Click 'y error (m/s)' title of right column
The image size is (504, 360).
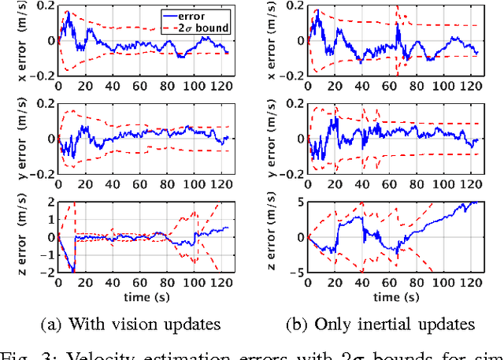[x=272, y=138]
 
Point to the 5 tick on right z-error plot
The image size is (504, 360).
[x=299, y=202]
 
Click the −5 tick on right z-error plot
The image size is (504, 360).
[x=296, y=272]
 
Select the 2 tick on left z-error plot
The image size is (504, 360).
[x=51, y=202]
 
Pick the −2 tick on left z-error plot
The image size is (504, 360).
[x=48, y=272]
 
